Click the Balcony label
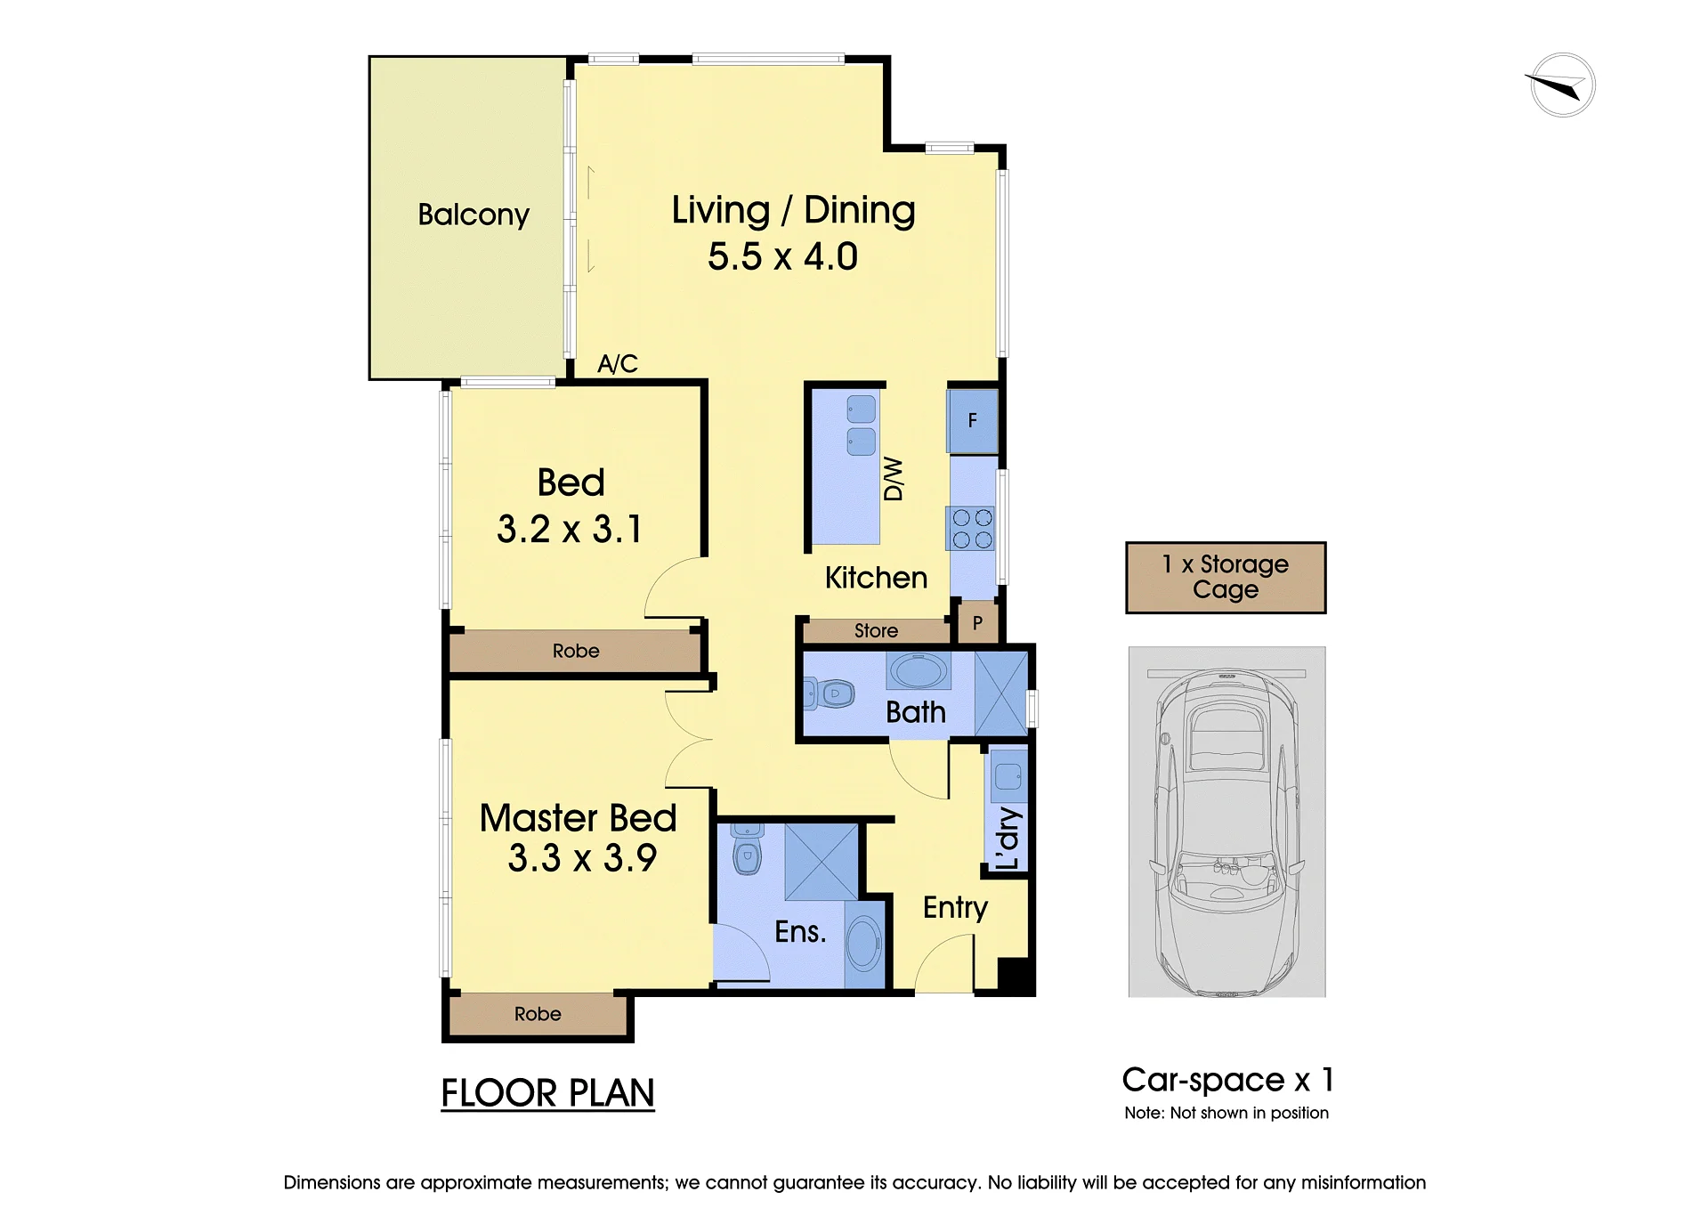click(474, 215)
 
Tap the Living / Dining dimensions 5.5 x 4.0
click(782, 256)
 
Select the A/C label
click(618, 363)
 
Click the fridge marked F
click(973, 420)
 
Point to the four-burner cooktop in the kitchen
click(972, 529)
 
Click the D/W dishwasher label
click(894, 479)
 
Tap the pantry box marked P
click(977, 622)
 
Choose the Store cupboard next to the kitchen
click(876, 630)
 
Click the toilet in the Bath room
click(830, 693)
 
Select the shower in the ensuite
click(821, 862)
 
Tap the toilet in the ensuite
click(747, 849)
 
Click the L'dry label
click(1008, 838)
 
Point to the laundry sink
click(1008, 776)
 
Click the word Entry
click(955, 907)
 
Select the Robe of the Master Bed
click(538, 1014)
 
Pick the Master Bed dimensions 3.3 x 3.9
click(582, 858)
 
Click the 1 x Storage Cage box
click(1226, 577)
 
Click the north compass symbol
click(1562, 85)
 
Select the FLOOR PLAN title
click(547, 1093)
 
